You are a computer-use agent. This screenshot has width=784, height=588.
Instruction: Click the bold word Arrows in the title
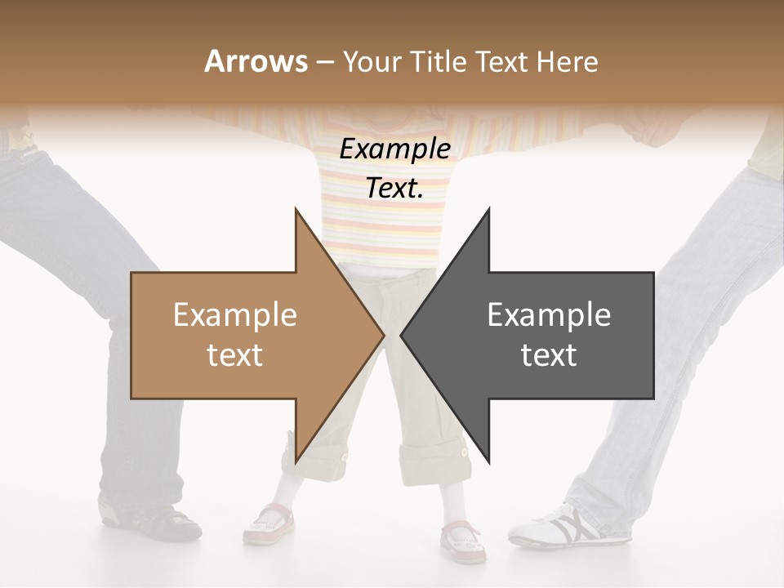pyautogui.click(x=256, y=61)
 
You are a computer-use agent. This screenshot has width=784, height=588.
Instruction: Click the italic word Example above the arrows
pyautogui.click(x=394, y=149)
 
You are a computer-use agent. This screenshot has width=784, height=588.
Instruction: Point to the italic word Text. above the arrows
pyautogui.click(x=394, y=189)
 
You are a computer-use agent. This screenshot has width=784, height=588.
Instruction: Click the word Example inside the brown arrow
pyautogui.click(x=234, y=315)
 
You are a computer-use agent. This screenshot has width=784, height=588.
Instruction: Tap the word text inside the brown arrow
pyautogui.click(x=234, y=355)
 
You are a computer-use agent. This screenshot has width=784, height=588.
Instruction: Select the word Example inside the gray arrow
pyautogui.click(x=549, y=315)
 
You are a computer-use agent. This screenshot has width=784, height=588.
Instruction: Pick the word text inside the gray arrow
pyautogui.click(x=549, y=355)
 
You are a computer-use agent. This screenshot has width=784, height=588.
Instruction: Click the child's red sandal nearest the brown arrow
pyautogui.click(x=269, y=523)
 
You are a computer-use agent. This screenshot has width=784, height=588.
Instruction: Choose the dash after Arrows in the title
pyautogui.click(x=323, y=61)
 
